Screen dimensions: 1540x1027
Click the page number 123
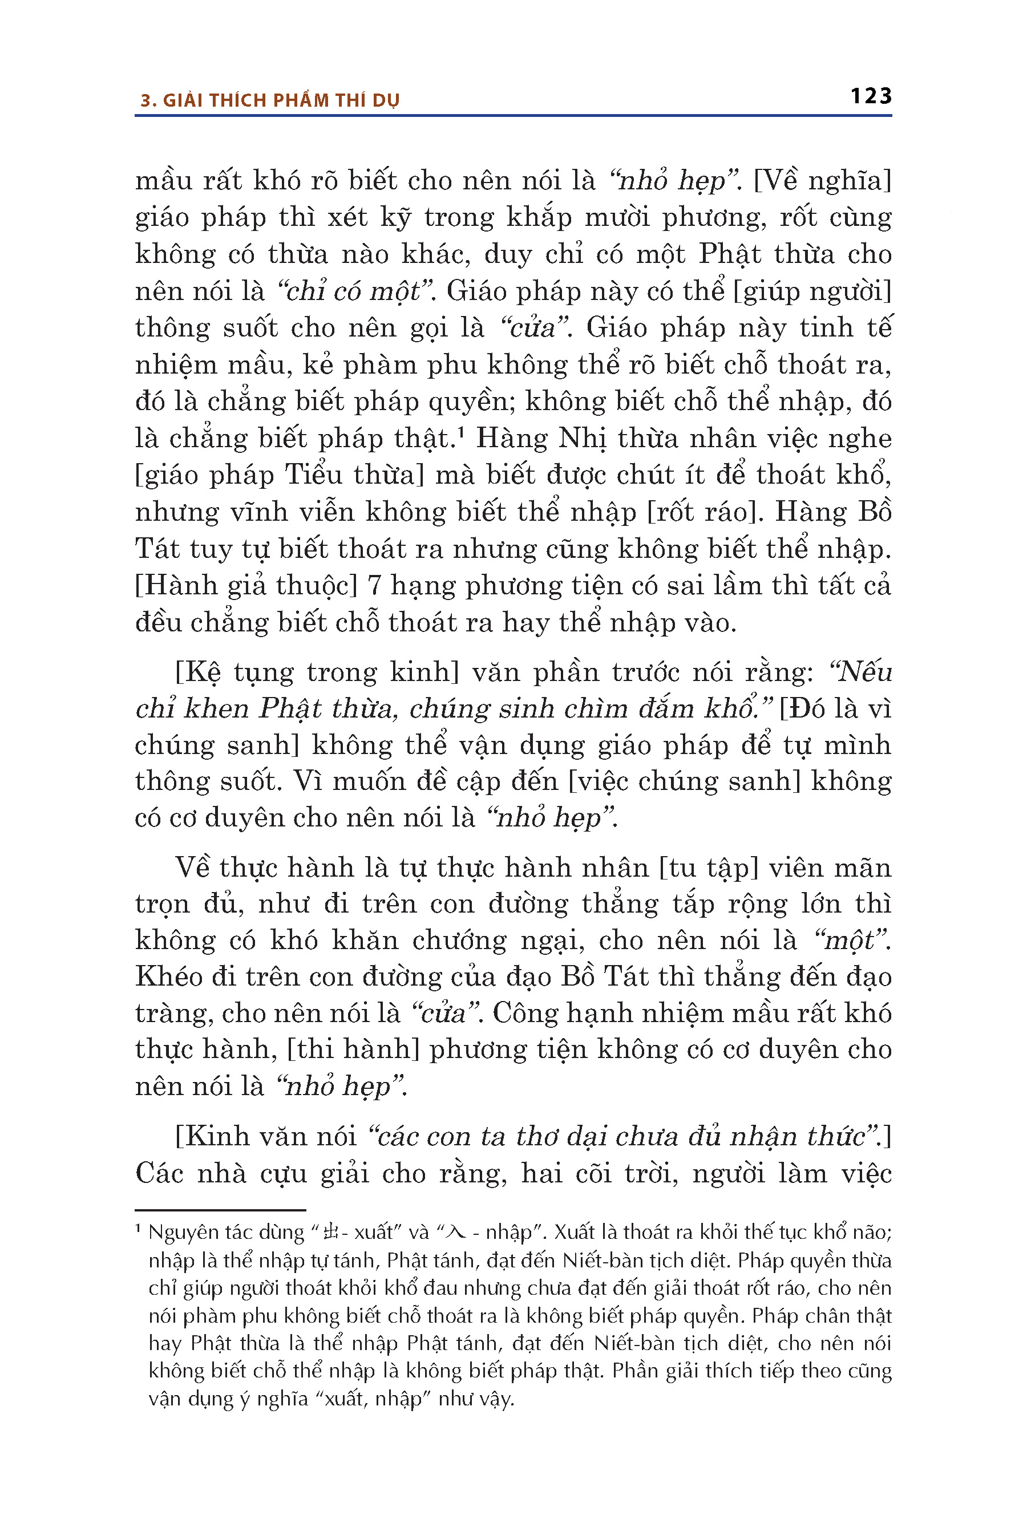[871, 96]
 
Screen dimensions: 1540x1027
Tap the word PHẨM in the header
[301, 100]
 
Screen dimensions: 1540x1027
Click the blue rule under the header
[513, 116]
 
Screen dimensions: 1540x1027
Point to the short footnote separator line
[220, 1210]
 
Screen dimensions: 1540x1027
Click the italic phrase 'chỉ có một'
[354, 291]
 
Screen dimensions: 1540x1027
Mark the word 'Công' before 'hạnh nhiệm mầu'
[523, 1013]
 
